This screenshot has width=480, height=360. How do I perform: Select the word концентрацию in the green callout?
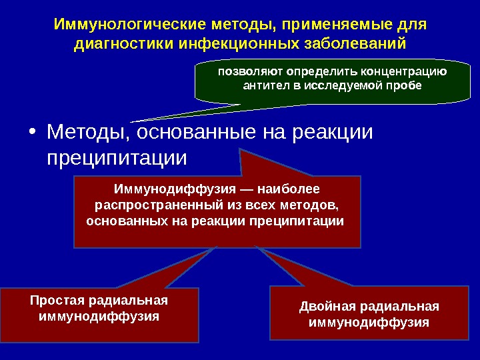(x=405, y=71)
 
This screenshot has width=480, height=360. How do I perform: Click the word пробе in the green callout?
(x=407, y=86)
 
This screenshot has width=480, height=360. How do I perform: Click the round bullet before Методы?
(x=33, y=132)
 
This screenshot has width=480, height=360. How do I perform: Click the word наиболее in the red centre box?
(x=291, y=189)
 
